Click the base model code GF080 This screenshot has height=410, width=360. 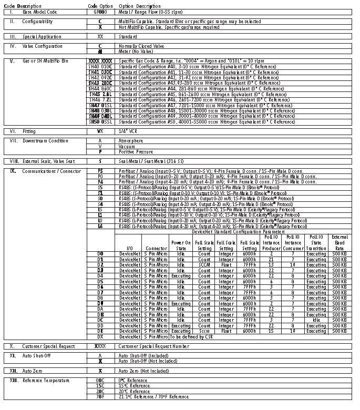click(100, 11)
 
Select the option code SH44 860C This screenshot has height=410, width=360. click(100, 88)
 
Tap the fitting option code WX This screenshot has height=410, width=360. click(100, 130)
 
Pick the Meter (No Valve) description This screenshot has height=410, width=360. click(135, 52)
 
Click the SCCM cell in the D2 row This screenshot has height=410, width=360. click(204, 264)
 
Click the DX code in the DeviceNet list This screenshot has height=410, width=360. click(100, 336)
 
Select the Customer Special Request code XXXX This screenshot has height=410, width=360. click(100, 346)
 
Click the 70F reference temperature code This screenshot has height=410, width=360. click(100, 397)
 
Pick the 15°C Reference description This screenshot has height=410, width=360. click(134, 386)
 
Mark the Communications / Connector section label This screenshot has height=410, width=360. click(48, 171)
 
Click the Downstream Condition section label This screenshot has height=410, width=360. click(45, 141)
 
